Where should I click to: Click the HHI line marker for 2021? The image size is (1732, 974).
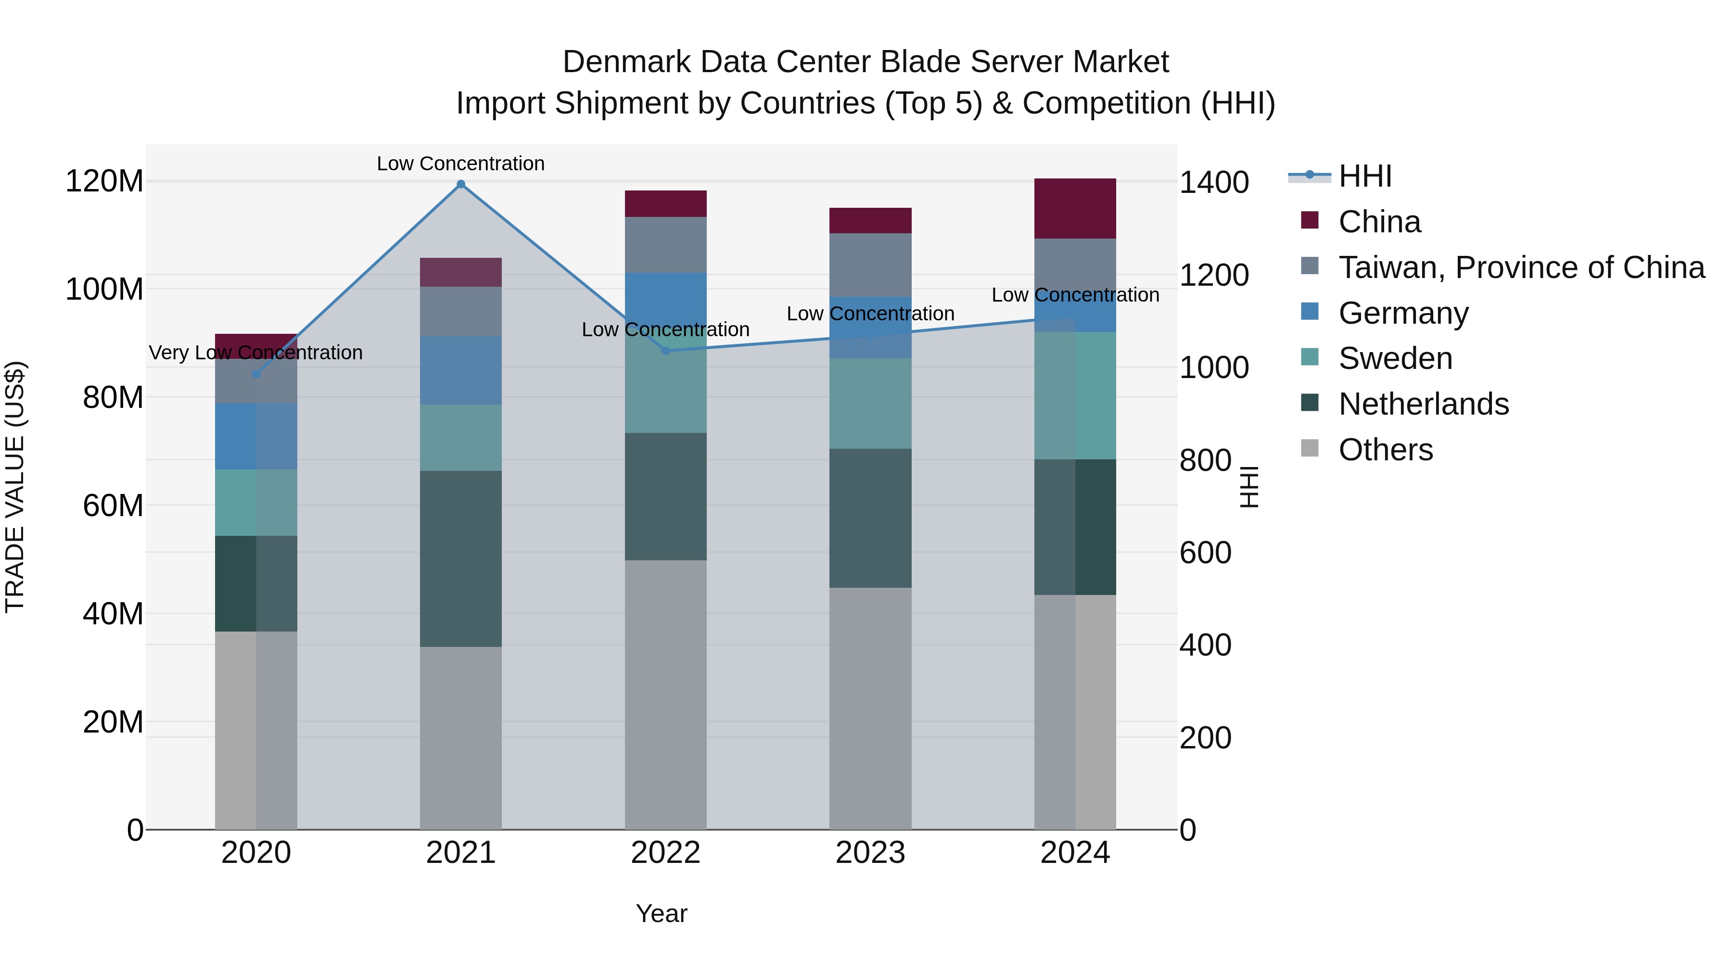460,184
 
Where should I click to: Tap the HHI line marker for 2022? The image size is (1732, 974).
666,350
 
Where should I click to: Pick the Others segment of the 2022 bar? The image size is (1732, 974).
666,695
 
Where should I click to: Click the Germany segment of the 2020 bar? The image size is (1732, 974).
255,436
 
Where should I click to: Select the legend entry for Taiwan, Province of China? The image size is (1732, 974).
1521,267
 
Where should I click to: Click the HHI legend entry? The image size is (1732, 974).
1364,176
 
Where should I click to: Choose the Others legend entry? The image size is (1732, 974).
1385,450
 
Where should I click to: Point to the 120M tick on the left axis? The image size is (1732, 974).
104,181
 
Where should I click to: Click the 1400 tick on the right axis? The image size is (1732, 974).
1214,183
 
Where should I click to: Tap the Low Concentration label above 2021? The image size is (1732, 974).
460,164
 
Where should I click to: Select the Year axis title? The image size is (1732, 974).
662,913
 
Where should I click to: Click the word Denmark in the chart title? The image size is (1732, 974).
626,62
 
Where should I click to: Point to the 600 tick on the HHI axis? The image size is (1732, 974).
1206,553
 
